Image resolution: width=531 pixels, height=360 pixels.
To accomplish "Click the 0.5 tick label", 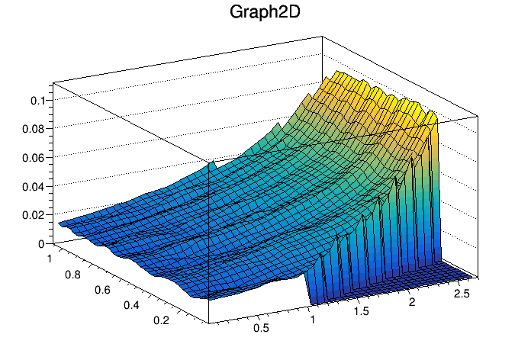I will tap(261, 329).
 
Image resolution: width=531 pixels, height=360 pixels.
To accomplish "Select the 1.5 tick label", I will tap(362, 312).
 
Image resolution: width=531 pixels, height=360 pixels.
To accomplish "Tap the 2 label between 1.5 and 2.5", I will tap(413, 303).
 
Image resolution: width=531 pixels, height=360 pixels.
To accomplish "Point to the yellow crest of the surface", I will tap(359, 88).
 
